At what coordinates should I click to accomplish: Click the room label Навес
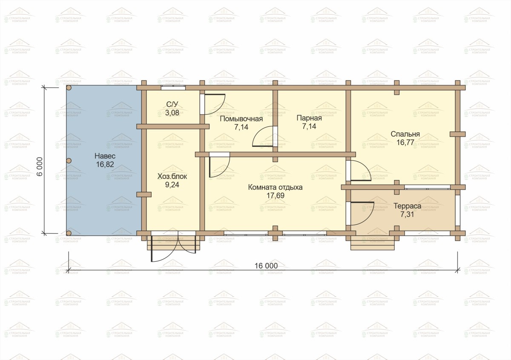(x=105, y=156)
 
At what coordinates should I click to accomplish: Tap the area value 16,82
(x=105, y=164)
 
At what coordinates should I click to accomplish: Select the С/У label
(x=172, y=104)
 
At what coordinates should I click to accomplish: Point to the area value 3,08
(x=172, y=113)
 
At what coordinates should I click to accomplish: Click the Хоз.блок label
(x=172, y=177)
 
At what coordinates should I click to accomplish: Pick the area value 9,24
(x=172, y=185)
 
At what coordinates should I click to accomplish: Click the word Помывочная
(x=241, y=119)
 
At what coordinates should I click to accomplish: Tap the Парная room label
(x=309, y=118)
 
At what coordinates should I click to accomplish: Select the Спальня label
(x=405, y=134)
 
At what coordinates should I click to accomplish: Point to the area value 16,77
(x=405, y=143)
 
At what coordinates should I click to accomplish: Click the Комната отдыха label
(x=276, y=187)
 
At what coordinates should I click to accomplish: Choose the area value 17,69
(x=276, y=196)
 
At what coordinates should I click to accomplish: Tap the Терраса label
(x=407, y=206)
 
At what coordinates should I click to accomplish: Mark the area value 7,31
(x=407, y=214)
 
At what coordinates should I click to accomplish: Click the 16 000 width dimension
(x=266, y=266)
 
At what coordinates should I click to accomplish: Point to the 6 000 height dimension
(x=40, y=166)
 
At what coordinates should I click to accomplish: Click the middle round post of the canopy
(x=69, y=161)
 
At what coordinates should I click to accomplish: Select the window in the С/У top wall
(x=173, y=88)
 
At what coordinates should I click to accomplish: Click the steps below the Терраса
(x=373, y=243)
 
